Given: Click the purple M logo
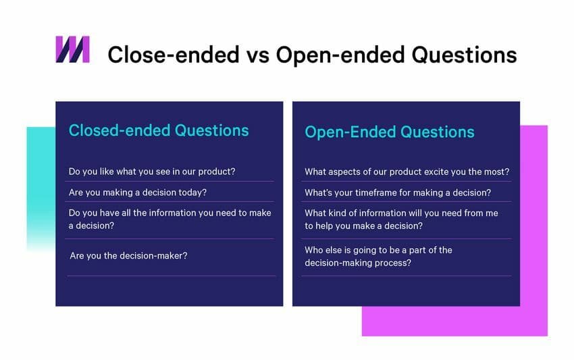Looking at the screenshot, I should [x=72, y=49].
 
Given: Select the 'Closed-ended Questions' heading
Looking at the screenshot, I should [x=159, y=130].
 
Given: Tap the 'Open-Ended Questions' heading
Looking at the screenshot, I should [x=390, y=132].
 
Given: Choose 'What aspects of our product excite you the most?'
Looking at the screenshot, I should [x=407, y=172].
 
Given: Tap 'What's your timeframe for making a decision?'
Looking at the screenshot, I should [x=398, y=192].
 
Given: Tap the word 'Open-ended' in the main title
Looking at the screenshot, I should [x=336, y=54].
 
